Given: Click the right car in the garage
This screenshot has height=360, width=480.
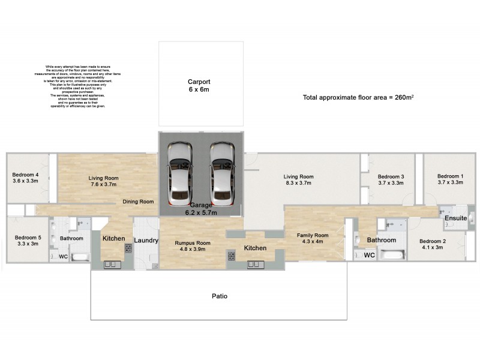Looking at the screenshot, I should pos(222,172).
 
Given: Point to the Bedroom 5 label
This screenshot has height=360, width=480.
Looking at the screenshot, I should pos(26,241).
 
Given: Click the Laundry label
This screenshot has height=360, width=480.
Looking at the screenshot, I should pos(146,241).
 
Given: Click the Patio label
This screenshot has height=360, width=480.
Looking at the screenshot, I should pos(219,296).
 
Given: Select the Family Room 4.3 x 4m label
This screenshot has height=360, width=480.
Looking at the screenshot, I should pos(313,238).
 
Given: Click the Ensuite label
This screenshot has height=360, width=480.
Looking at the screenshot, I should pos(455,218).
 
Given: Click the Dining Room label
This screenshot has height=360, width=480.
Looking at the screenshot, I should pos(138,202).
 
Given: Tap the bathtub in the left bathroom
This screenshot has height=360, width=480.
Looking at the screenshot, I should pos(80,257).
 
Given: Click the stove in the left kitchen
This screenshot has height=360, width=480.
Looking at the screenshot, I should pos(128,247).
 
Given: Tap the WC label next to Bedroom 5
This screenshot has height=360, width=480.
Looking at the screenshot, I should pos(63,256).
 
